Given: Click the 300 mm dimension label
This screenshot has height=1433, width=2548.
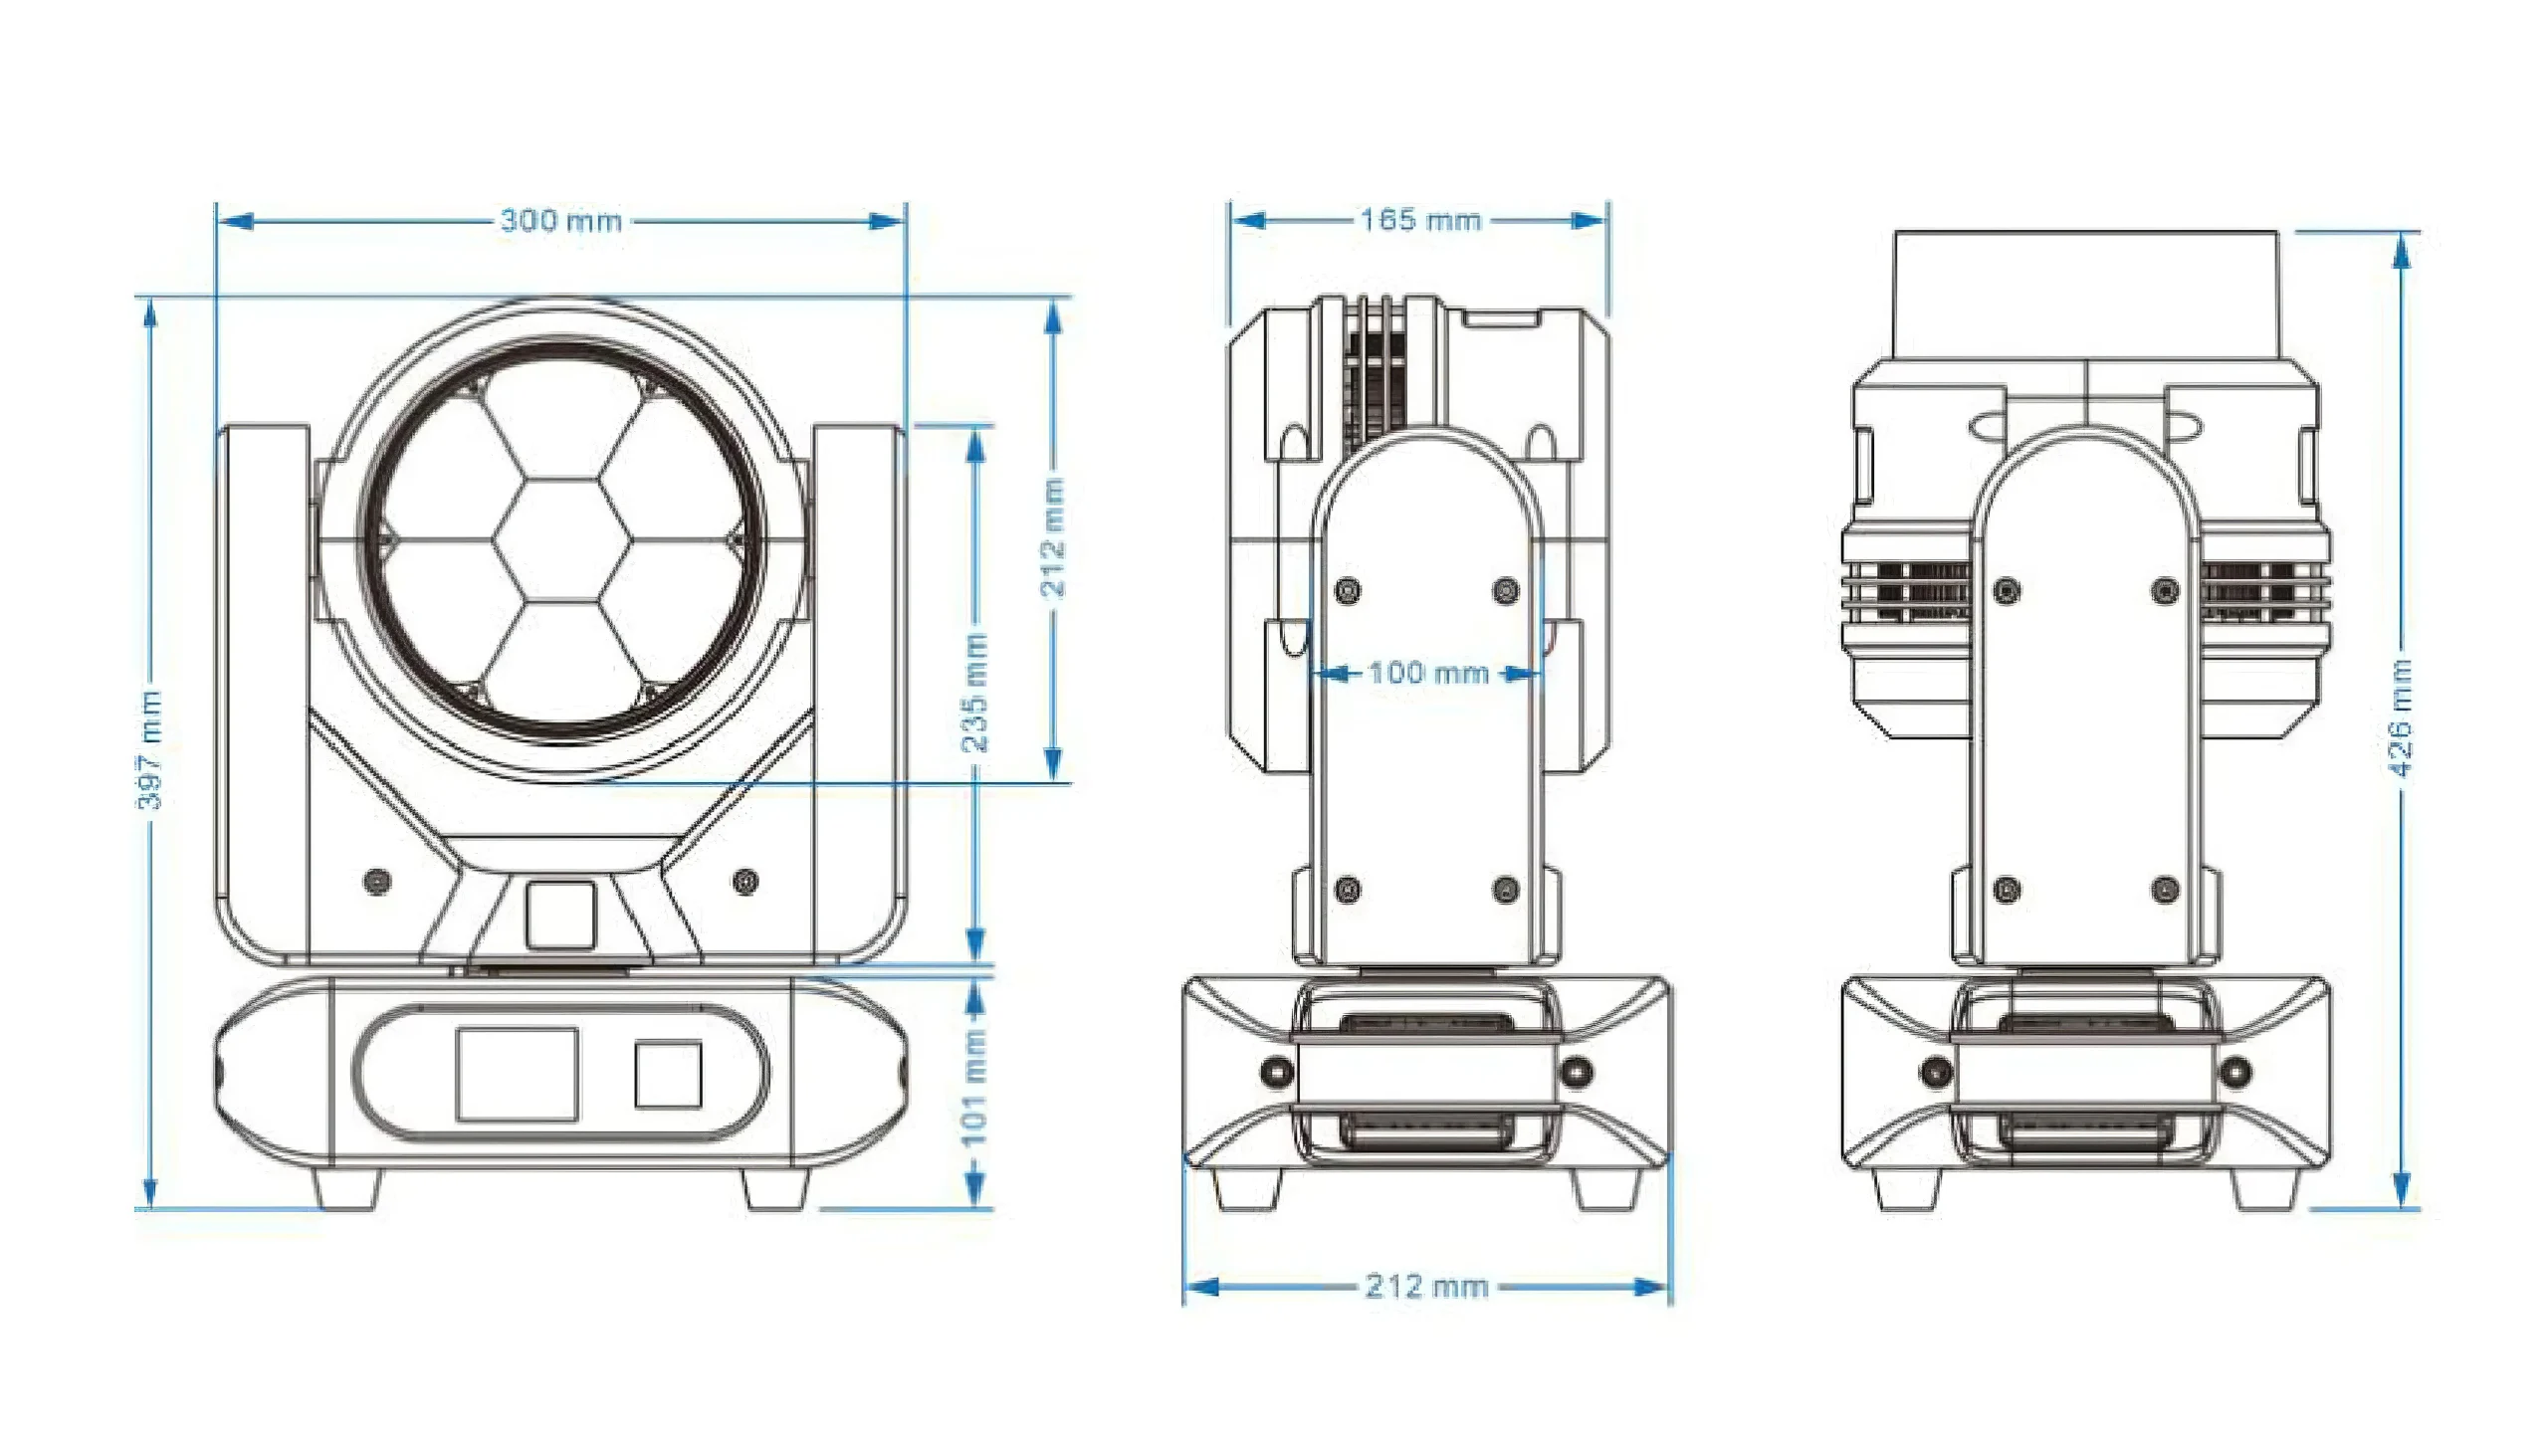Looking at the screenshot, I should [x=560, y=220].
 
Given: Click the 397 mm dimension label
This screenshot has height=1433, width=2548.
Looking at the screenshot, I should [x=149, y=748].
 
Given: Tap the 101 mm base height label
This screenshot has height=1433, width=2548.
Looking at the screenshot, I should [x=974, y=1088].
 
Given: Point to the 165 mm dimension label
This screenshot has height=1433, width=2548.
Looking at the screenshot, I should [x=1420, y=220].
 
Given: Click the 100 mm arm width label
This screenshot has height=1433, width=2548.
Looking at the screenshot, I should [x=1427, y=673].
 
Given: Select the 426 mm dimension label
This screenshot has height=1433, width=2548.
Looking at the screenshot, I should [x=2401, y=716].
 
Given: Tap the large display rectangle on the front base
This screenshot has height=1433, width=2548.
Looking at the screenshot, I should [x=517, y=1074].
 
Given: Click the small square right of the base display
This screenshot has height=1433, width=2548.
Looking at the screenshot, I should [x=668, y=1074].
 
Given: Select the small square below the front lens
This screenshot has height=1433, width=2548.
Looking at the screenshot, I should [x=560, y=914].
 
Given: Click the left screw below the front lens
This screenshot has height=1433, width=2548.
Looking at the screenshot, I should [x=377, y=881].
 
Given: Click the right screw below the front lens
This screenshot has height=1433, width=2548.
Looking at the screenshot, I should [x=745, y=881].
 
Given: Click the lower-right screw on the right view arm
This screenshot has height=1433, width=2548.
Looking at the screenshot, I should [x=2165, y=889].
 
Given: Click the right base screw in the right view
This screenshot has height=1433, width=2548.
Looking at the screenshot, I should [x=2235, y=1072].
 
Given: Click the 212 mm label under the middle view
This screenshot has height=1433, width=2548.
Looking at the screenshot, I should [x=1426, y=1287].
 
